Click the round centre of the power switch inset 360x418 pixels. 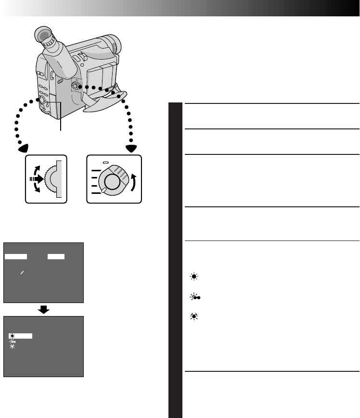(111, 181)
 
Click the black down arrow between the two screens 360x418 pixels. (44, 309)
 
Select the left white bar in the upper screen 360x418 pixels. (16, 256)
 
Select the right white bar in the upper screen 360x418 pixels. (56, 256)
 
